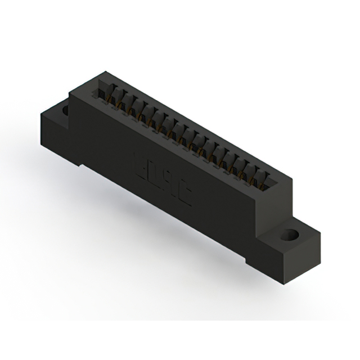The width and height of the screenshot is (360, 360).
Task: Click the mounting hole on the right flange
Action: point(291,234)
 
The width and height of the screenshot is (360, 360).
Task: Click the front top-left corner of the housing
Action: point(70,91)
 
